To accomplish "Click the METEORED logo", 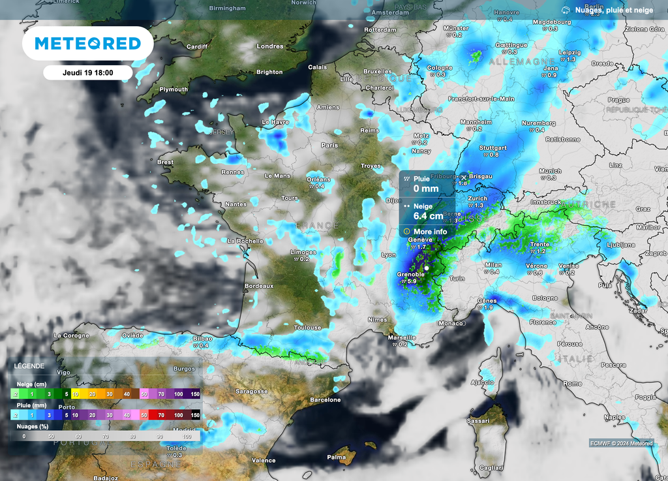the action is click(87, 44).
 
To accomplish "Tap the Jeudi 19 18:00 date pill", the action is click(87, 73).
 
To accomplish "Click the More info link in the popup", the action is click(430, 231).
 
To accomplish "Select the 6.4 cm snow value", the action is click(429, 216).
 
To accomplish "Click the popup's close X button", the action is click(464, 178).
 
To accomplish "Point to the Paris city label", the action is click(329, 145).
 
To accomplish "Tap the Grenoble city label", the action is click(411, 275).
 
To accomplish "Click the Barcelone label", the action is click(326, 399).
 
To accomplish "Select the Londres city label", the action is click(270, 46).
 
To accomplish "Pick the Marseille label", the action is click(402, 337).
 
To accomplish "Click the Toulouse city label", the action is click(307, 328).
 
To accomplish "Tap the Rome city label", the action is click(572, 383).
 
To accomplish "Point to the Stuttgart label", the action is click(493, 147).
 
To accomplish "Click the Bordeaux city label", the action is click(258, 286).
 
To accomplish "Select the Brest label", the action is click(165, 162).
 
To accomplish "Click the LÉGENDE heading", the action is click(29, 366).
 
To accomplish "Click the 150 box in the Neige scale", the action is click(194, 394).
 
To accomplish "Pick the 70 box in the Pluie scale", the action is click(160, 415).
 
